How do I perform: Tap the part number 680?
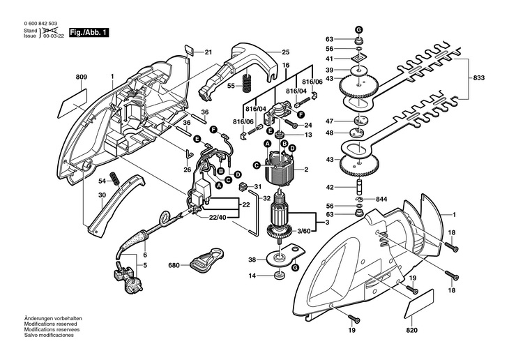coord(174,265)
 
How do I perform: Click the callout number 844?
coord(381,200)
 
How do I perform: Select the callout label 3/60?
coord(304,231)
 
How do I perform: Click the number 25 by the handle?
coord(284,52)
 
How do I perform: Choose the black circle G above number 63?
coord(358,29)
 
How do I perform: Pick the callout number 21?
coord(208,52)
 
